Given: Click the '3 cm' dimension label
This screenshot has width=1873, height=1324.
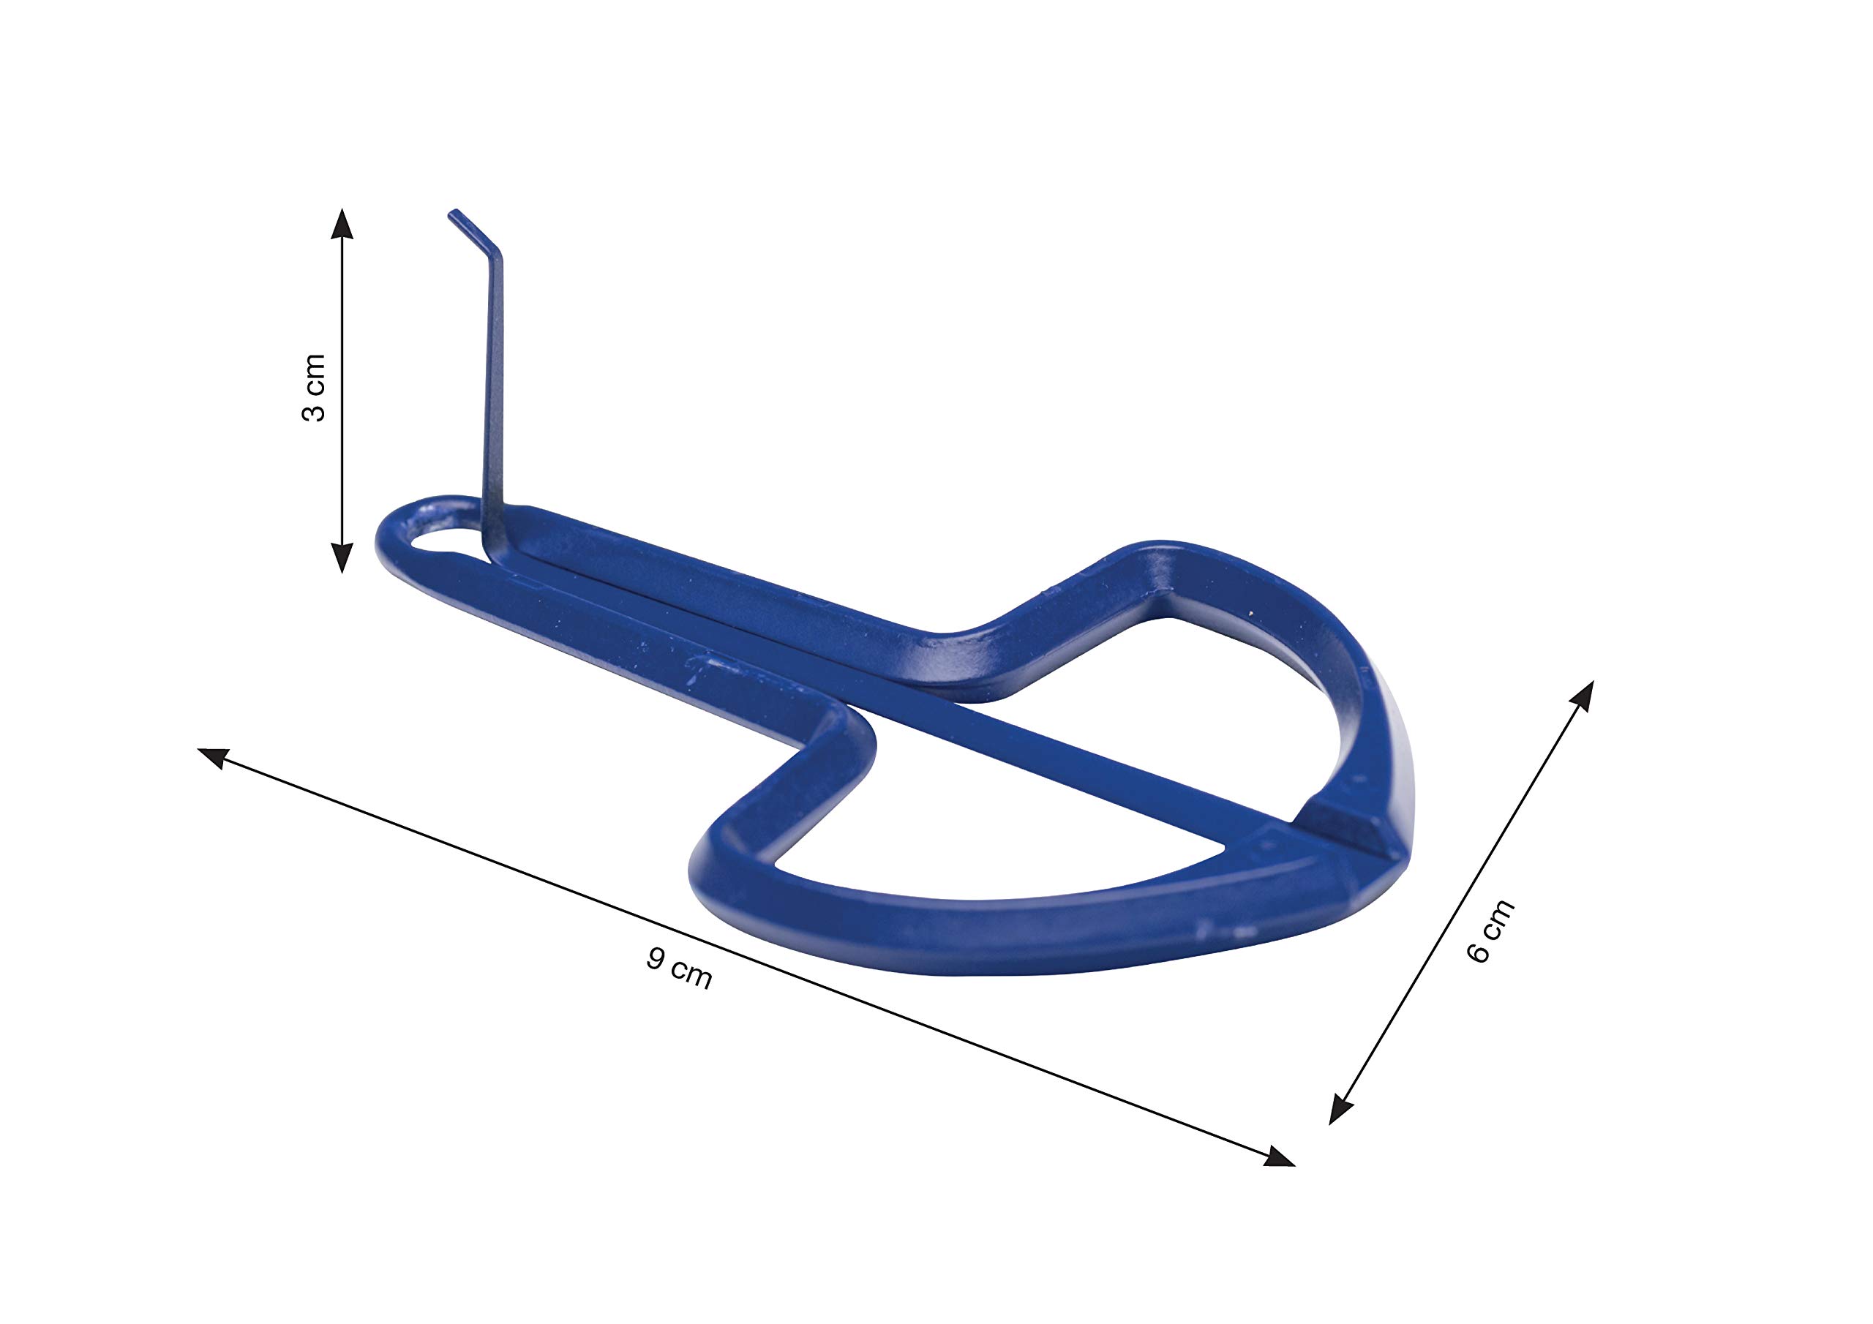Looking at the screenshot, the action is tap(314, 388).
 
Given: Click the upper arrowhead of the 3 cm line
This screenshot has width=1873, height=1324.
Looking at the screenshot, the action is tap(342, 222).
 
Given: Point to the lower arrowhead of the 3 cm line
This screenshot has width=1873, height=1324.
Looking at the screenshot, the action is tap(342, 557).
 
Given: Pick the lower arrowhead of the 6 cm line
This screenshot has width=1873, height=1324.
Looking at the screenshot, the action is tap(1341, 1110).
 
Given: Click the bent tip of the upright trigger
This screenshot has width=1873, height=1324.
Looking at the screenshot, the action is tap(451, 214).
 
